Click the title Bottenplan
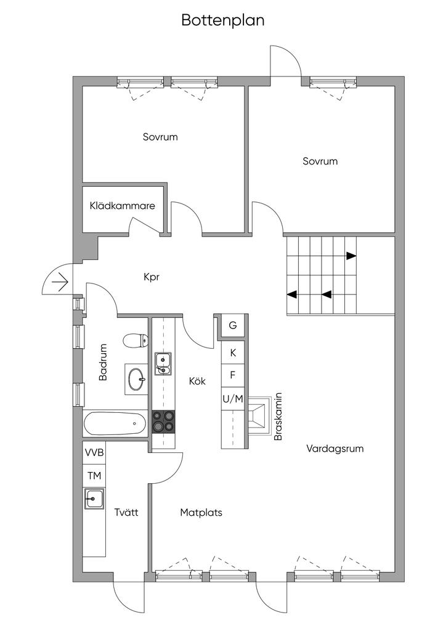(222, 20)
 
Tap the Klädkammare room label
(122, 206)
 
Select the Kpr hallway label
(152, 277)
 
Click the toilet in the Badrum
(135, 340)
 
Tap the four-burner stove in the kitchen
(164, 421)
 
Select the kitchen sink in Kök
(164, 364)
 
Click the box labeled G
(233, 325)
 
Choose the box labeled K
(233, 353)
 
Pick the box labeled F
(233, 375)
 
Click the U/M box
(233, 399)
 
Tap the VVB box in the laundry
(94, 453)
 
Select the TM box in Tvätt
(94, 476)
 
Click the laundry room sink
(94, 498)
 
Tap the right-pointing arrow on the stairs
(350, 256)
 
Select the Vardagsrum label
(334, 449)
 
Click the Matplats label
(201, 512)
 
